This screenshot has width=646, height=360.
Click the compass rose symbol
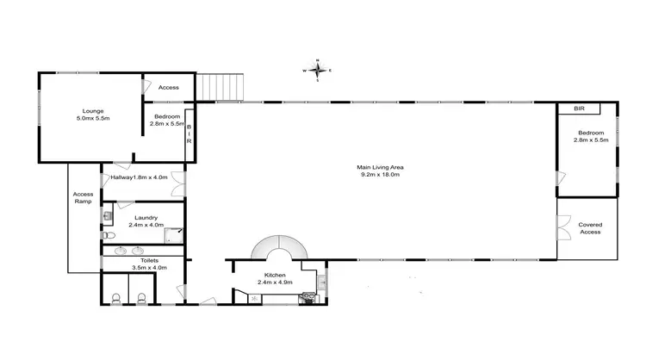click(318, 70)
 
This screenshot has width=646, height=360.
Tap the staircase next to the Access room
click(223, 87)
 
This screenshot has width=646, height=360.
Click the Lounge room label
click(92, 115)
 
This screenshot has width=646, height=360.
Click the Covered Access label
click(590, 228)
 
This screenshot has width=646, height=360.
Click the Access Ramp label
click(83, 197)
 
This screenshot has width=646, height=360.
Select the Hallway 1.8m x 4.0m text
click(138, 177)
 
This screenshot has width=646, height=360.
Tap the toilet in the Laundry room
click(107, 234)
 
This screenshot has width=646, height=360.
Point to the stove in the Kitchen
click(306, 298)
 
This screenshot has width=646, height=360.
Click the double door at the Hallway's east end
click(179, 183)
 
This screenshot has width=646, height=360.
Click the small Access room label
click(169, 88)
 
